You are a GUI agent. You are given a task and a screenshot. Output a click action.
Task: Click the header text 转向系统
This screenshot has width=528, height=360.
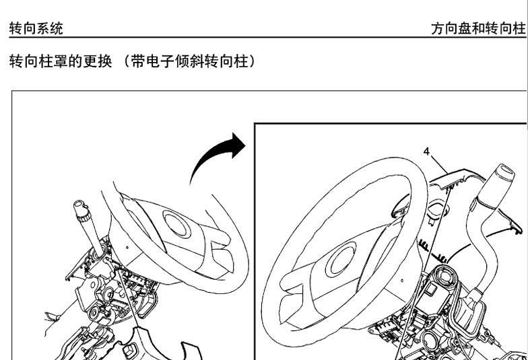(x=36, y=28)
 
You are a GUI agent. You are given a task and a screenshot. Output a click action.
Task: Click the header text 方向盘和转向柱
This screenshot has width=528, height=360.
(x=478, y=28)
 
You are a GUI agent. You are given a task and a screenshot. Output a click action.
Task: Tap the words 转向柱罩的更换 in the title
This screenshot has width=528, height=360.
(x=61, y=61)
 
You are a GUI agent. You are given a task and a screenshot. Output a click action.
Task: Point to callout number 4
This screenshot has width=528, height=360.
(x=427, y=152)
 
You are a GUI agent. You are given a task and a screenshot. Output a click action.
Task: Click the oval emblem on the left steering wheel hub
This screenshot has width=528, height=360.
(x=176, y=223)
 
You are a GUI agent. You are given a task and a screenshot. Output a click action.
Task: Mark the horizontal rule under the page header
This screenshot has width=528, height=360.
(x=268, y=38)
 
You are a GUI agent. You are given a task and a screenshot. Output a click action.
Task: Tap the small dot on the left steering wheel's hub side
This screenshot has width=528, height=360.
(x=127, y=248)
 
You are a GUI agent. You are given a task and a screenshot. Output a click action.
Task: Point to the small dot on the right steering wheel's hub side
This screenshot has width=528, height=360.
(x=403, y=280)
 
